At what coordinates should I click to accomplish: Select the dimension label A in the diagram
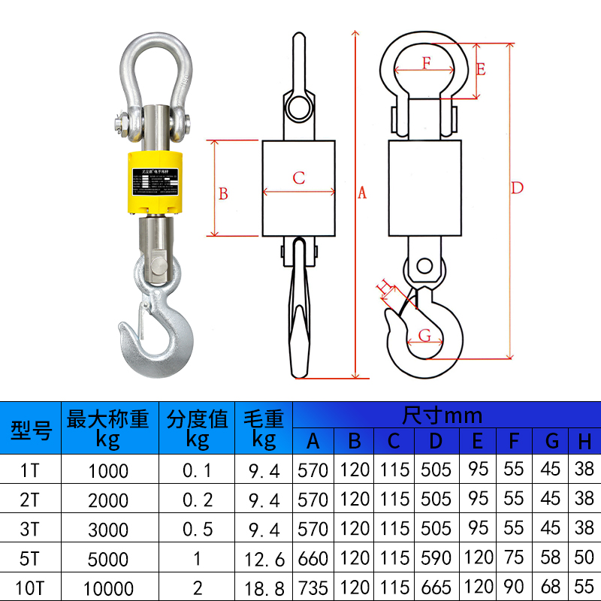362,193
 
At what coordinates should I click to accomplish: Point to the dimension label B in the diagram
223,194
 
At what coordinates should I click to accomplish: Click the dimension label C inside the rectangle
299,178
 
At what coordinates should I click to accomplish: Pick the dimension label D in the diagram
517,188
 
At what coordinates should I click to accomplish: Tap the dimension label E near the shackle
481,69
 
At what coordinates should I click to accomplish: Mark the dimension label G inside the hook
424,335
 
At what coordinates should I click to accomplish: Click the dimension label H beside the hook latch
382,286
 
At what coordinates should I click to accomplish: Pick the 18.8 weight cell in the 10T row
264,587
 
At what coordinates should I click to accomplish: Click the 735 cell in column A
313,587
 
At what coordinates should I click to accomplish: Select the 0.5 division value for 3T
198,530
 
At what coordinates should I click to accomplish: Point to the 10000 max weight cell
108,587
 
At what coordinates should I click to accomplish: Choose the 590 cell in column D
436,559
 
